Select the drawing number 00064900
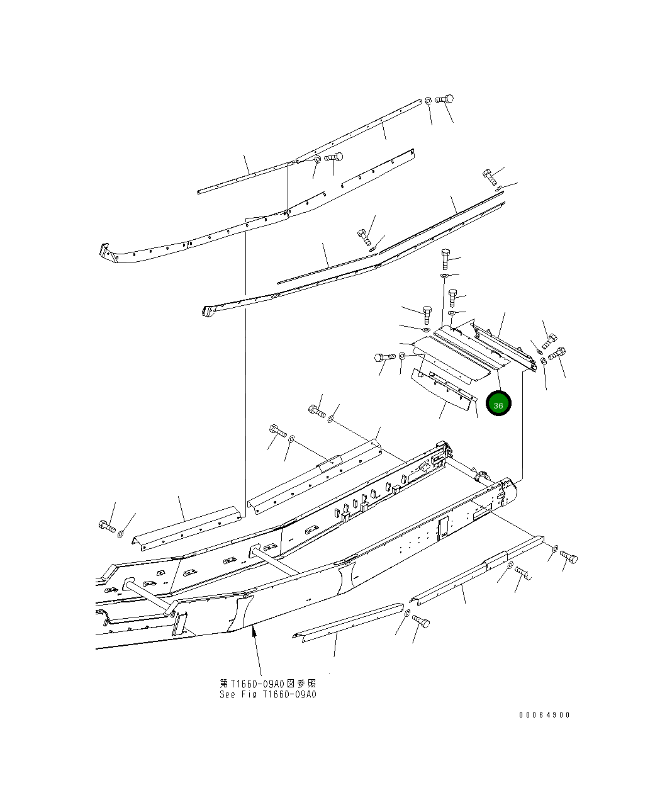pos(544,715)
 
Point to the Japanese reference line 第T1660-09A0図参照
pos(267,684)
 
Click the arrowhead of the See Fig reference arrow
pos(254,631)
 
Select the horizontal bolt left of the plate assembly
pos(383,358)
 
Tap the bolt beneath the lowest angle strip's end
pos(422,622)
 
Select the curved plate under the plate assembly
pos(440,390)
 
